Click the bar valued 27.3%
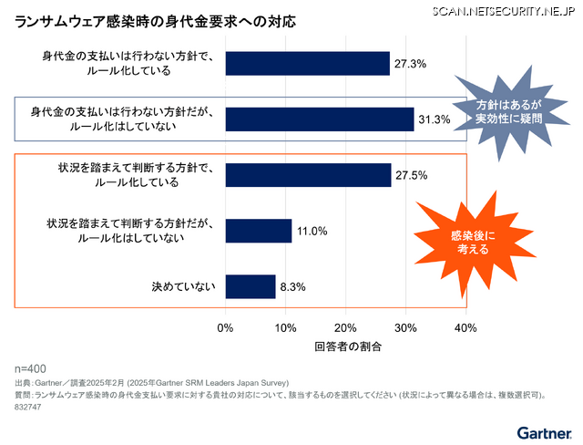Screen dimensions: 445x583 tap(307, 63)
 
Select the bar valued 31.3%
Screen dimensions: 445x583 tap(319, 119)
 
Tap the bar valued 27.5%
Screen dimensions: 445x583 tap(308, 175)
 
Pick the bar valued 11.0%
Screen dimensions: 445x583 tap(258, 231)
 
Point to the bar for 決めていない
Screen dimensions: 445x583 tap(250, 286)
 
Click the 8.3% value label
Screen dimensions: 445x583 tap(292, 286)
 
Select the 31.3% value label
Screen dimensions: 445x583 tap(434, 119)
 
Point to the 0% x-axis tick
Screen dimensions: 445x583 tap(226, 327)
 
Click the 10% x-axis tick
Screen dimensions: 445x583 tap(285, 327)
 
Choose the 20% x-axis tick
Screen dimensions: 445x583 tap(345, 327)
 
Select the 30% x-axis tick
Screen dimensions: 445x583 tap(405, 327)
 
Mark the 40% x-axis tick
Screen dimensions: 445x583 tap(465, 327)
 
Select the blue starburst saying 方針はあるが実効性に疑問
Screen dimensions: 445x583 tap(508, 116)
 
